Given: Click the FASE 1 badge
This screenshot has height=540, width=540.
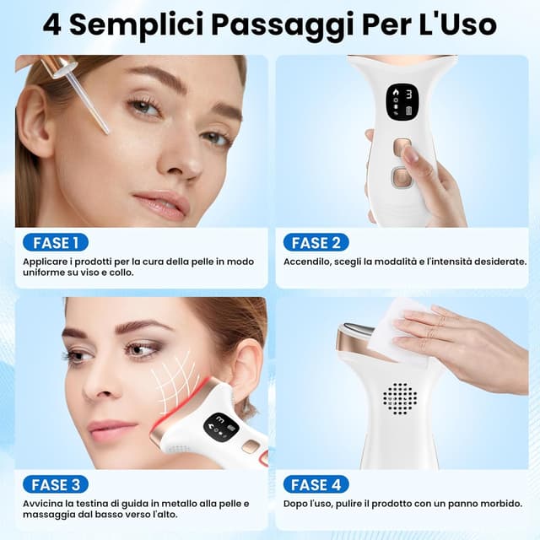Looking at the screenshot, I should [56, 243].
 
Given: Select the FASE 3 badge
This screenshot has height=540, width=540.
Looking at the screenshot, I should [56, 484].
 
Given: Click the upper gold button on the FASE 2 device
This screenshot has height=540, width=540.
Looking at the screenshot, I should [402, 147].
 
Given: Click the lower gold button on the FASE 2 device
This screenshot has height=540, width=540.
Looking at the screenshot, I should [401, 177].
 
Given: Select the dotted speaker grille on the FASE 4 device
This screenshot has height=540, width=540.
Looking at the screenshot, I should [400, 397].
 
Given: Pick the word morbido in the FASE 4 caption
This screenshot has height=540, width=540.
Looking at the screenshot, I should [498, 504].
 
